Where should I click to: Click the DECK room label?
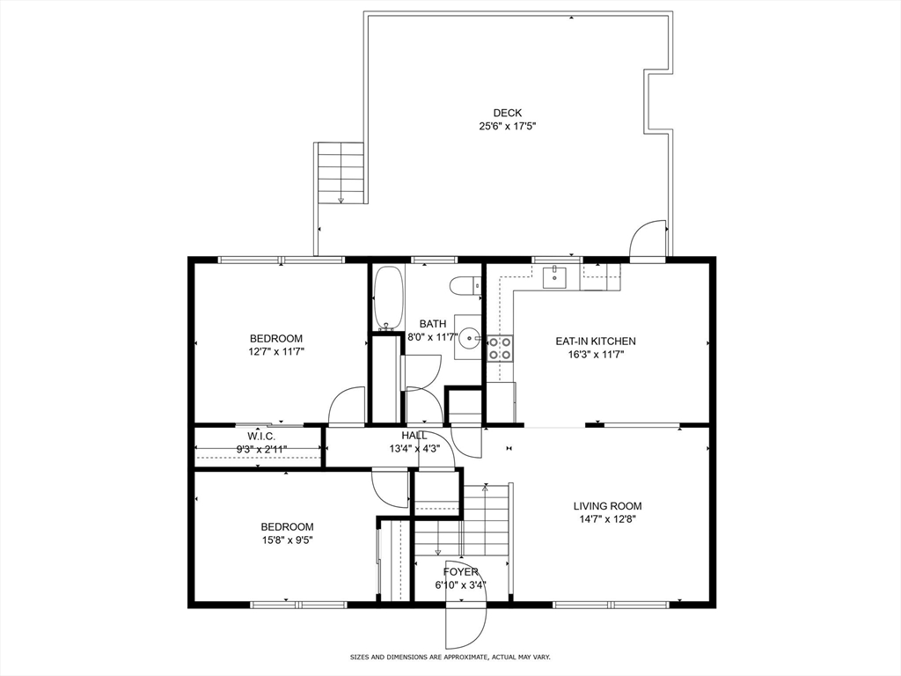(x=508, y=114)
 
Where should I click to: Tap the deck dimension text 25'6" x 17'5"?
(x=508, y=127)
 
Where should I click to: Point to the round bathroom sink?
(x=470, y=336)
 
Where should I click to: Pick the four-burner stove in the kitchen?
(x=500, y=348)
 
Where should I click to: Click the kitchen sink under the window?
(x=555, y=276)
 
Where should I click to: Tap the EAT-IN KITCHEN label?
(x=596, y=341)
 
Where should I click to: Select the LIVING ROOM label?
(x=607, y=506)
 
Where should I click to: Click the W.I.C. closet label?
(x=261, y=437)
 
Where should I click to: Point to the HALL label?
(x=414, y=436)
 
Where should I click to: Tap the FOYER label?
(x=460, y=572)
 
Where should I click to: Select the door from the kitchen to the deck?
(x=648, y=240)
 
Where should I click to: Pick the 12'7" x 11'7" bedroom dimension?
(x=275, y=351)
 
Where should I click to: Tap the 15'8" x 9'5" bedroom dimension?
(x=288, y=540)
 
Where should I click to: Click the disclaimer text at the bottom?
(x=450, y=657)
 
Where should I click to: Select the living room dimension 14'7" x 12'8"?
(x=607, y=519)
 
